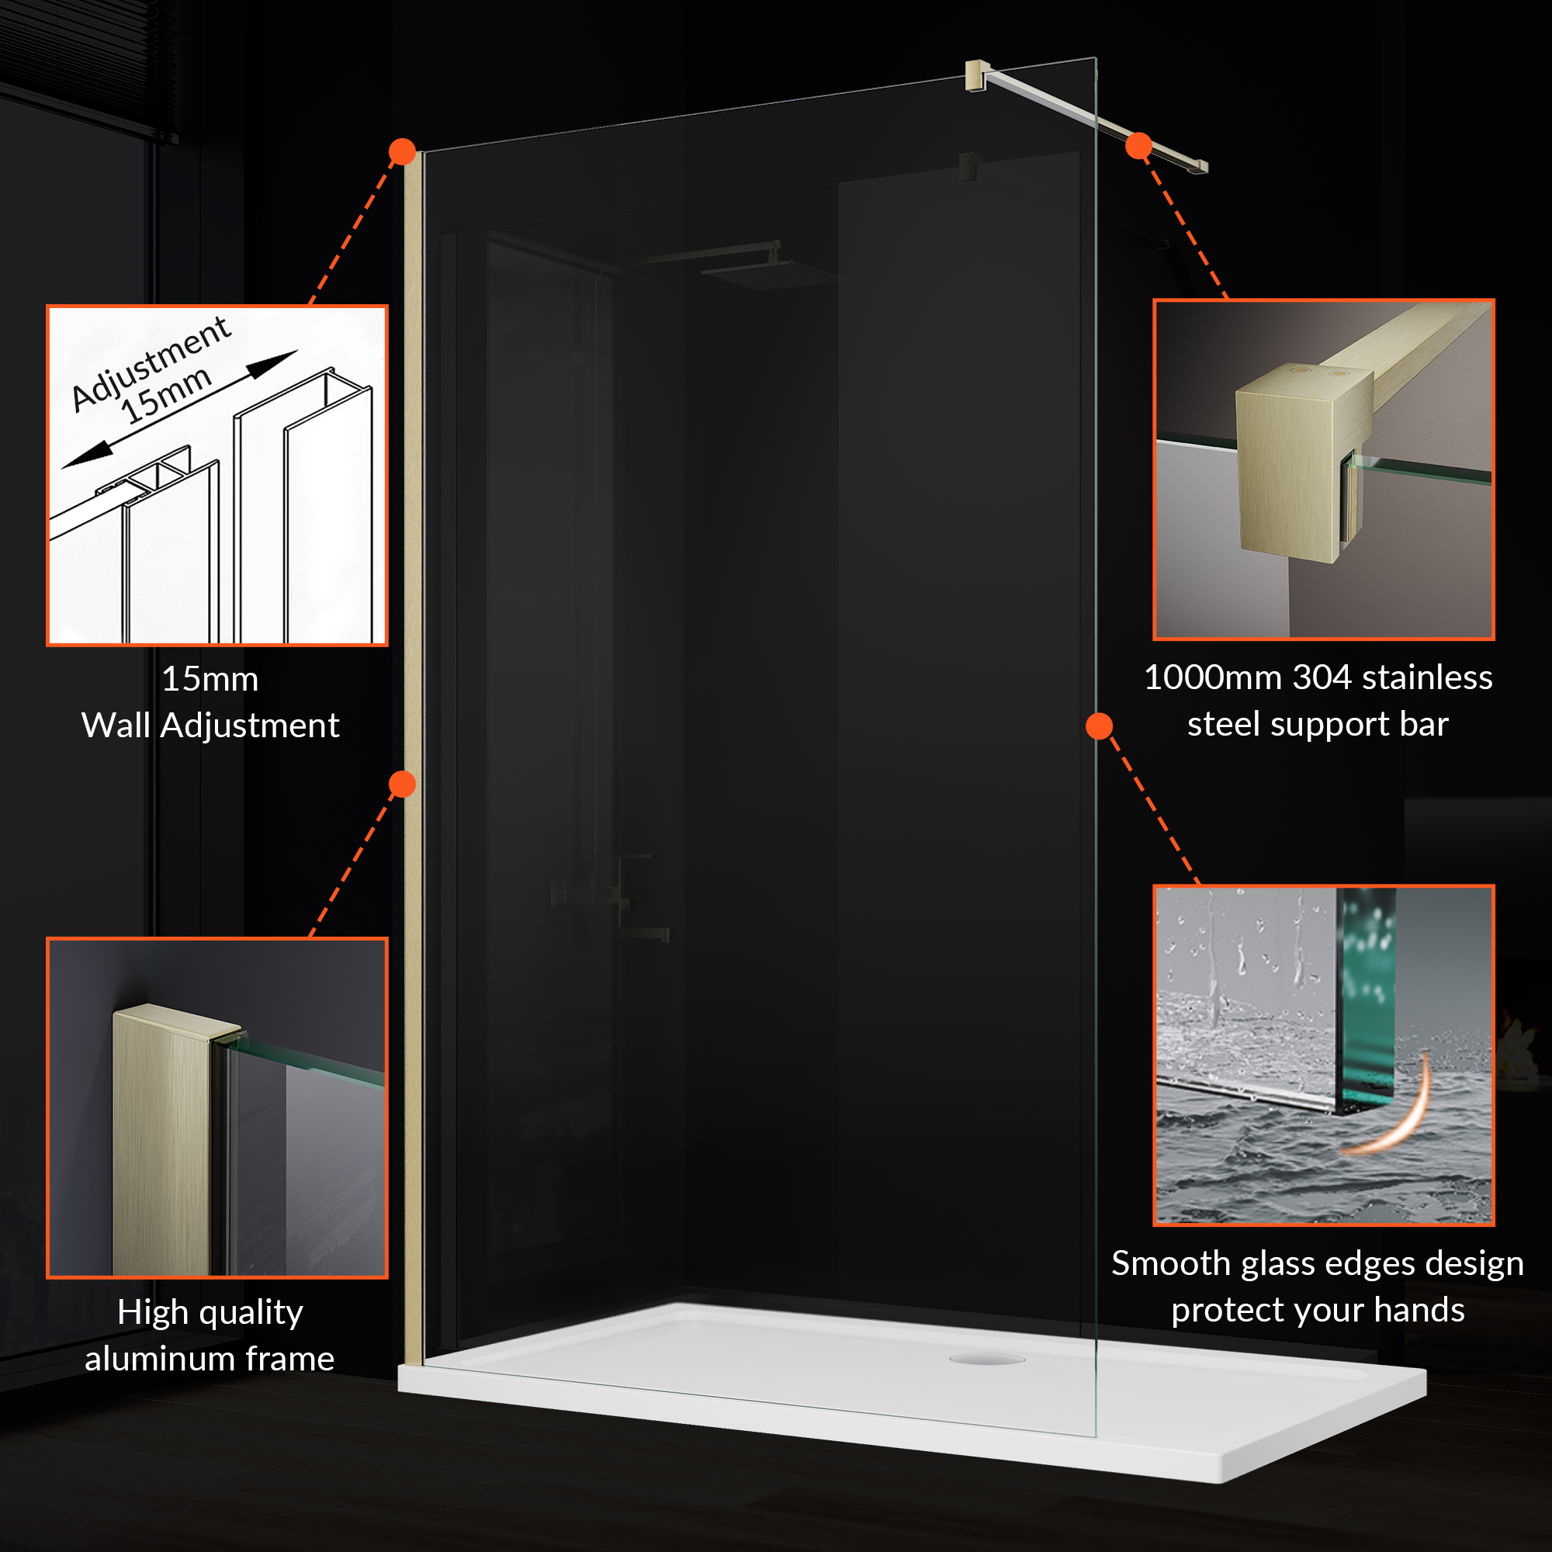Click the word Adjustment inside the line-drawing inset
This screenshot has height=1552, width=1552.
tap(151, 362)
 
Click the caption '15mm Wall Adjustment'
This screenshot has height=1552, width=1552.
tap(210, 702)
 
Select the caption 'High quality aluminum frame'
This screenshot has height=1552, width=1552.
tap(210, 1335)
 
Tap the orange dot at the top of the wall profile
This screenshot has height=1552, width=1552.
tap(403, 151)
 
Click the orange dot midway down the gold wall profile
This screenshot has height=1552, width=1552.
tap(403, 784)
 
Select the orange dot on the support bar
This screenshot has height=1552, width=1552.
tap(1139, 145)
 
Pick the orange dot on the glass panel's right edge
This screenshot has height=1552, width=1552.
tap(1099, 726)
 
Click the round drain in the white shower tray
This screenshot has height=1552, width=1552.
tap(986, 1359)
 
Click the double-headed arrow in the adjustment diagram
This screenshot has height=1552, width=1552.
tap(180, 409)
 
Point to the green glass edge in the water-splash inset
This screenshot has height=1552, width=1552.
tap(1365, 1000)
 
